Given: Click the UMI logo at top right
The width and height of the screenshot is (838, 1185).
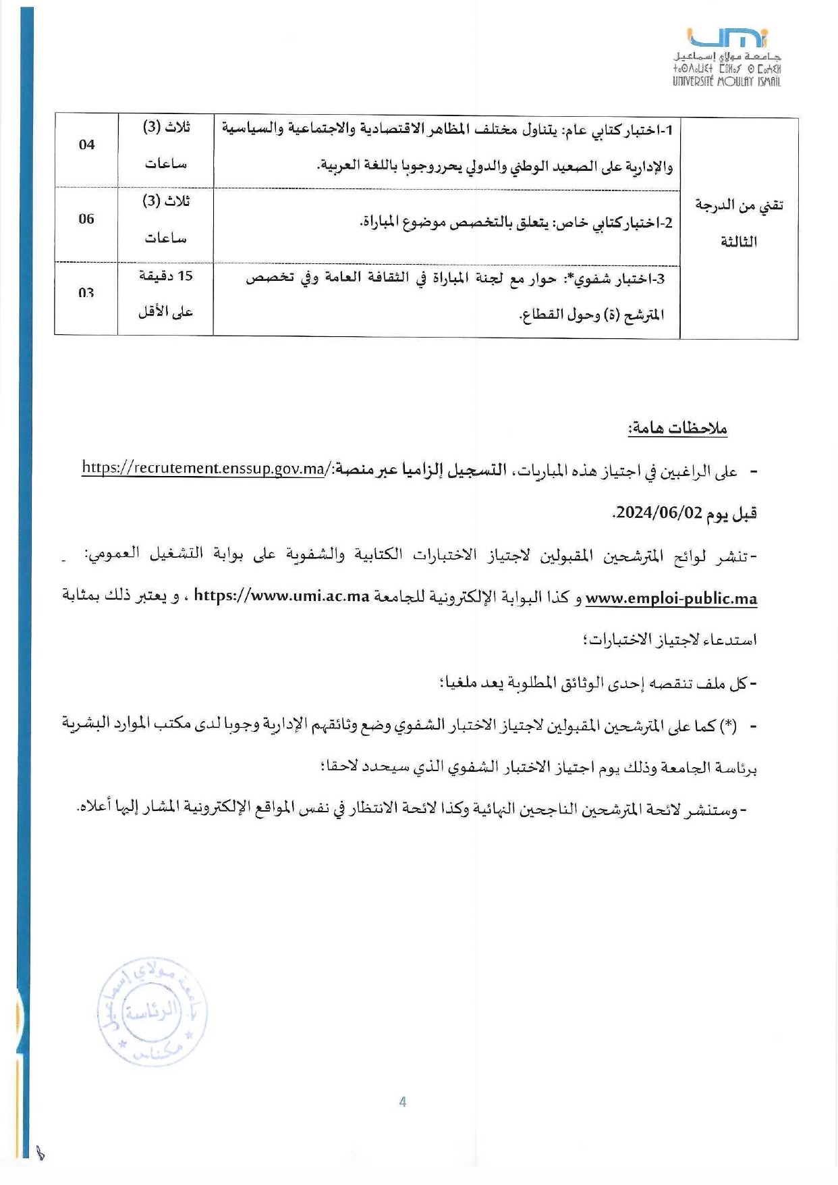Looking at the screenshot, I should pos(727,39).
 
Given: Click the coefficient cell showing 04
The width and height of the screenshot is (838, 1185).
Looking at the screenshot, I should pos(86,144).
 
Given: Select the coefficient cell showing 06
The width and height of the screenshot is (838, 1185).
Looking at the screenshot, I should pos(86,219).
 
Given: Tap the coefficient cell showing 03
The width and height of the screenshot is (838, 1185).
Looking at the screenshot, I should pos(86,293).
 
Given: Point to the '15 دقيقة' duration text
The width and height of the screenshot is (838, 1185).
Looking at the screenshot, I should pos(166,275).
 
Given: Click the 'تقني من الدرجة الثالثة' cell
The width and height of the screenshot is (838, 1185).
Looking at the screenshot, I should pos(739,223).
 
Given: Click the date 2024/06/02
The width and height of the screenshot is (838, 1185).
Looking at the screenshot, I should pos(659,512).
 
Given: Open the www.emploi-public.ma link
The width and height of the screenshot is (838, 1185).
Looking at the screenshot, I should pos(671,598).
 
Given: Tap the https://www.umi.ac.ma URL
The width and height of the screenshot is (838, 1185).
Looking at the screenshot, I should pos(281,596).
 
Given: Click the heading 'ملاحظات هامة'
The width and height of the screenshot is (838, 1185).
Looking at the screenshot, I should pos(677,428).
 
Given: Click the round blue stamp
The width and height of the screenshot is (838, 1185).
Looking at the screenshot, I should pos(152,1011).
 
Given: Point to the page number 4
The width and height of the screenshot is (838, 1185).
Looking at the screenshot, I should pos(403,1102).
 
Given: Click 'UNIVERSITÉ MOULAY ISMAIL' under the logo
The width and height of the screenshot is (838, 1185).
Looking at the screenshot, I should pos(727,82).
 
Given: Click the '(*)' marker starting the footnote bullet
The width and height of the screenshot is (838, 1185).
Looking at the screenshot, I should pos(728,726).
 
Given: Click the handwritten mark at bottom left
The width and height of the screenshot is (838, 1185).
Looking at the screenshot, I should pos(40,1153).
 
